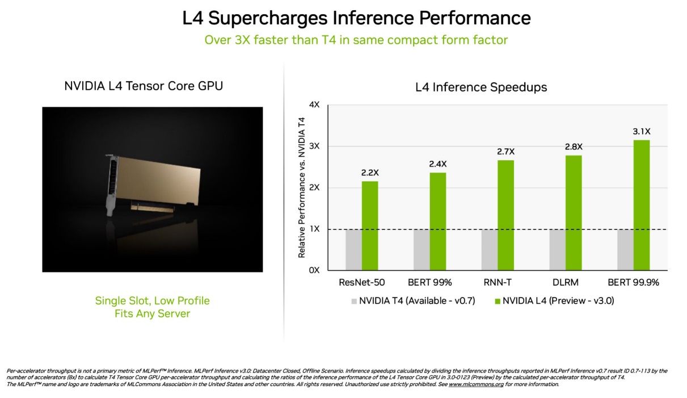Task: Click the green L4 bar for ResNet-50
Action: pyautogui.click(x=369, y=225)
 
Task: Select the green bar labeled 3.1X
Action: pyautogui.click(x=642, y=205)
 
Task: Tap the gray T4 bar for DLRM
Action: pyautogui.click(x=557, y=250)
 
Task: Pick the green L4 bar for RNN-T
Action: pyautogui.click(x=505, y=215)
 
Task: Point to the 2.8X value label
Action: pyautogui.click(x=574, y=146)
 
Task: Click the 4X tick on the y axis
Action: pyautogui.click(x=314, y=105)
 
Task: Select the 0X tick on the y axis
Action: pyautogui.click(x=314, y=270)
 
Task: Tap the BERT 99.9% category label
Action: pyautogui.click(x=633, y=283)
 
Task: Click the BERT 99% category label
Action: pyautogui.click(x=429, y=283)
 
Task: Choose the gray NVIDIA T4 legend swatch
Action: pyautogui.click(x=355, y=300)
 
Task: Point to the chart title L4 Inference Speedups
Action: pyautogui.click(x=481, y=87)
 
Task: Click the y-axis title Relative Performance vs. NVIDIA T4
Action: pyautogui.click(x=302, y=187)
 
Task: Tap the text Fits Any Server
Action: pyautogui.click(x=152, y=313)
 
